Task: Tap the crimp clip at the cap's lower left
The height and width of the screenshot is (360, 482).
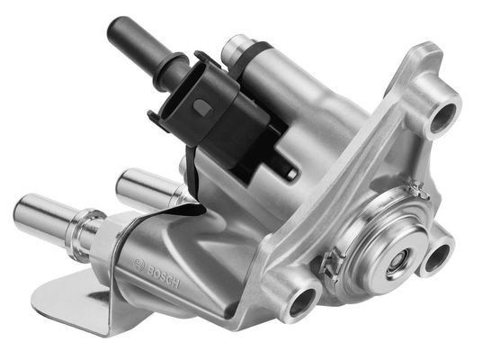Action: click(x=330, y=264)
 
